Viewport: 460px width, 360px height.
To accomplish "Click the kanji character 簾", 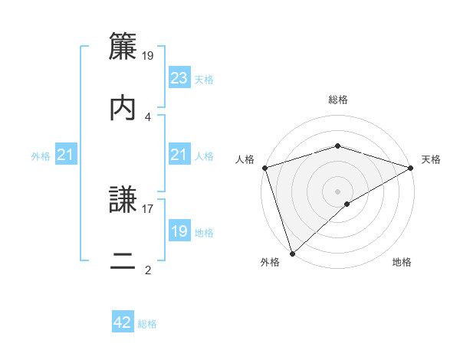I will click(x=123, y=48).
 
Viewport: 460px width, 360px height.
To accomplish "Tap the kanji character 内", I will click(x=123, y=108).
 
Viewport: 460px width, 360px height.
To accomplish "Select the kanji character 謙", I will click(x=123, y=200).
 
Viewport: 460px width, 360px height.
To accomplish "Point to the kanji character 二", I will click(x=123, y=261).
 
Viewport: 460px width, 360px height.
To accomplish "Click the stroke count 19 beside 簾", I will click(x=149, y=55).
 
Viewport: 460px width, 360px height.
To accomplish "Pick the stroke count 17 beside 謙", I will click(x=148, y=208).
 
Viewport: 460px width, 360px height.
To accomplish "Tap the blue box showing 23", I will click(x=179, y=78).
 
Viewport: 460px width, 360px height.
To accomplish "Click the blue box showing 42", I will click(x=123, y=322).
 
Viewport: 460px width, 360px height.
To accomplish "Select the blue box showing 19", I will click(x=179, y=231).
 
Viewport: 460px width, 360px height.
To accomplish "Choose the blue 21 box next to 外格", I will click(x=66, y=155).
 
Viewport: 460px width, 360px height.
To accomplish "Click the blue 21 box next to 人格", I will click(x=179, y=155).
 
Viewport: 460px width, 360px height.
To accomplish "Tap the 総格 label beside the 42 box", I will click(x=147, y=324).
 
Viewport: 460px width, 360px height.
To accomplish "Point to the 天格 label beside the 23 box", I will click(x=204, y=80).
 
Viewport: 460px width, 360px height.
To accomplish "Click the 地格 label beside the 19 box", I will click(x=204, y=233).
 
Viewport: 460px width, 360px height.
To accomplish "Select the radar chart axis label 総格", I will click(x=337, y=100).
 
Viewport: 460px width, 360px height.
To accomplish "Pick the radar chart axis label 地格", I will click(x=402, y=263).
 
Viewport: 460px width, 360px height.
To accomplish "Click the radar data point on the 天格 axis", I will click(x=411, y=168).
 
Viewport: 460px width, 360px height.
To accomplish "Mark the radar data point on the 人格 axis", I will click(x=264, y=168).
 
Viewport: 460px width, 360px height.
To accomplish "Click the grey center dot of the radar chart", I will click(x=337, y=191).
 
